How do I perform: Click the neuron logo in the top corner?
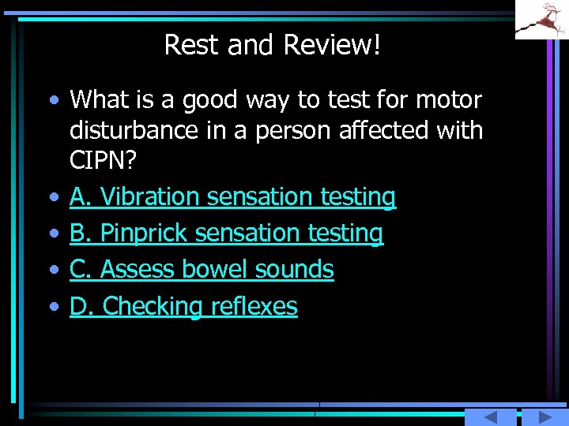[541, 19]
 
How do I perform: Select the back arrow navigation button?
[490, 417]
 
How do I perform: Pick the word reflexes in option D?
[254, 306]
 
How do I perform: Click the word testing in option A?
[358, 196]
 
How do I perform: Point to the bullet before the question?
[52, 101]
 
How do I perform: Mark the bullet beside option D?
[52, 307]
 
